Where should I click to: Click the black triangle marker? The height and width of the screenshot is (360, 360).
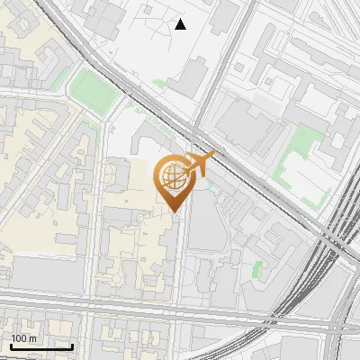(181, 24)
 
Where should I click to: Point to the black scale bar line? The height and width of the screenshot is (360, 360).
(41, 346)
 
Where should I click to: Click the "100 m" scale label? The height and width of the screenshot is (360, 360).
(23, 338)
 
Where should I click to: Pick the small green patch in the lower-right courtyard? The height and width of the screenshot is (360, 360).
(257, 268)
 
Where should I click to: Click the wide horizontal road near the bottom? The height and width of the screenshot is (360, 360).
(135, 305)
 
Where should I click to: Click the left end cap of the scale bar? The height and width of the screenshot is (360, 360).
(11, 346)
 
